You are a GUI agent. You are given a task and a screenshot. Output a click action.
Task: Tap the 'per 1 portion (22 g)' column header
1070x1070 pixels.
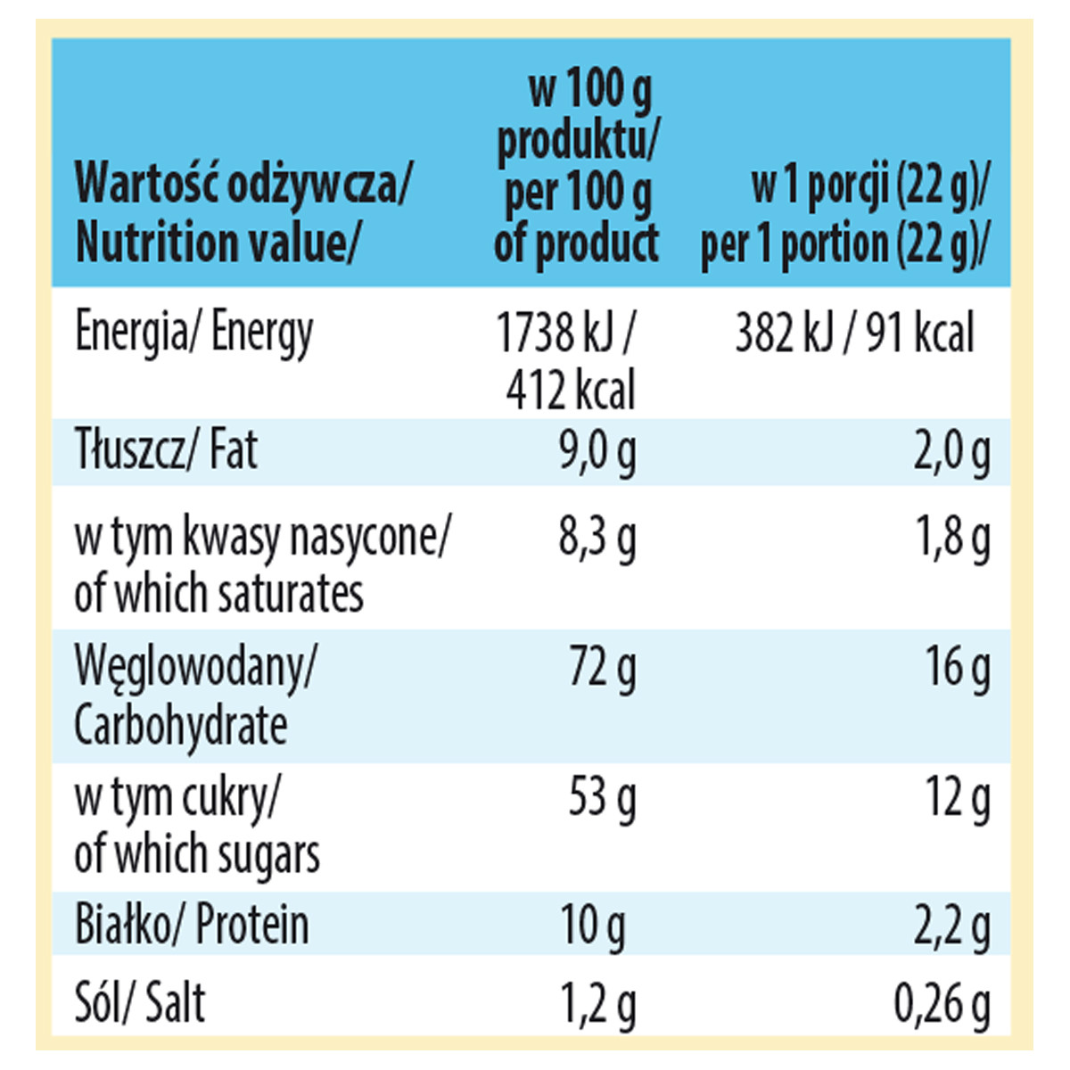(x=845, y=216)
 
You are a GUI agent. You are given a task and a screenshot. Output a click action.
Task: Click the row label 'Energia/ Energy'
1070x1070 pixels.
(x=194, y=333)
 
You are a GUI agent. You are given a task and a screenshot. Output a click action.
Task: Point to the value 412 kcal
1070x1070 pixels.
(x=571, y=391)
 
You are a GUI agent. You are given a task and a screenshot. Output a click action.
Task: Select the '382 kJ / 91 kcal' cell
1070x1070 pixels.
(x=854, y=333)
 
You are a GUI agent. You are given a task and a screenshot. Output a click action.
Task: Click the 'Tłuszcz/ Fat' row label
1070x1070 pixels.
(x=167, y=450)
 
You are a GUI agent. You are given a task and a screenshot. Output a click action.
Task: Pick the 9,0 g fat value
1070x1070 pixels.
(x=597, y=451)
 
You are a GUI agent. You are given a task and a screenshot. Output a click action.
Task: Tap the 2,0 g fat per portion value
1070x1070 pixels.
(x=951, y=451)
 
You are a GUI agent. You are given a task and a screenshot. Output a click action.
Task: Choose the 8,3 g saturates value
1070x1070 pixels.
(x=597, y=537)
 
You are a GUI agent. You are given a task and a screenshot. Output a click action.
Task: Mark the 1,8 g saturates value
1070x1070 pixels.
(x=953, y=537)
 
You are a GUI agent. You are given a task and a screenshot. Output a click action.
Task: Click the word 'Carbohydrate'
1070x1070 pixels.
(x=181, y=726)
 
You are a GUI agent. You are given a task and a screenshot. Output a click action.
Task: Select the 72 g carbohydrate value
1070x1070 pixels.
(x=603, y=667)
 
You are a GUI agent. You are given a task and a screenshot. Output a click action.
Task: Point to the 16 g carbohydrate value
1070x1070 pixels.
(x=959, y=667)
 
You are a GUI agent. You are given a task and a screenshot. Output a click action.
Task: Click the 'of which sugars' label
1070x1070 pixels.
(x=197, y=853)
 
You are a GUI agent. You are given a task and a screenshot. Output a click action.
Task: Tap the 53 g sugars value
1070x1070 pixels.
(x=603, y=796)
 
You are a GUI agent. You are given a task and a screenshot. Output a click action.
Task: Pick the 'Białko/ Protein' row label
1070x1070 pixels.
(x=192, y=925)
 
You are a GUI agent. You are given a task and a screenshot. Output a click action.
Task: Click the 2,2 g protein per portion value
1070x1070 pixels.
(x=951, y=926)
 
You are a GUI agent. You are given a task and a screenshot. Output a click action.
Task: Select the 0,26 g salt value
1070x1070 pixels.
(x=942, y=1003)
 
